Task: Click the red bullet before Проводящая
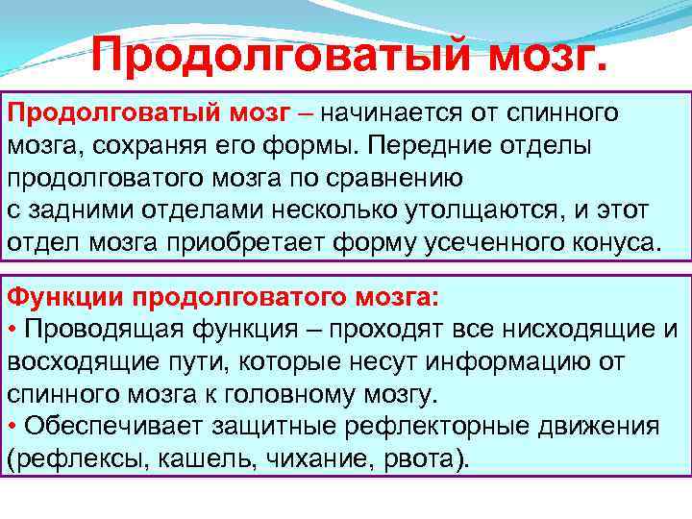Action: click(12, 329)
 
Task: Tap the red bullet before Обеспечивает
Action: click(12, 427)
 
